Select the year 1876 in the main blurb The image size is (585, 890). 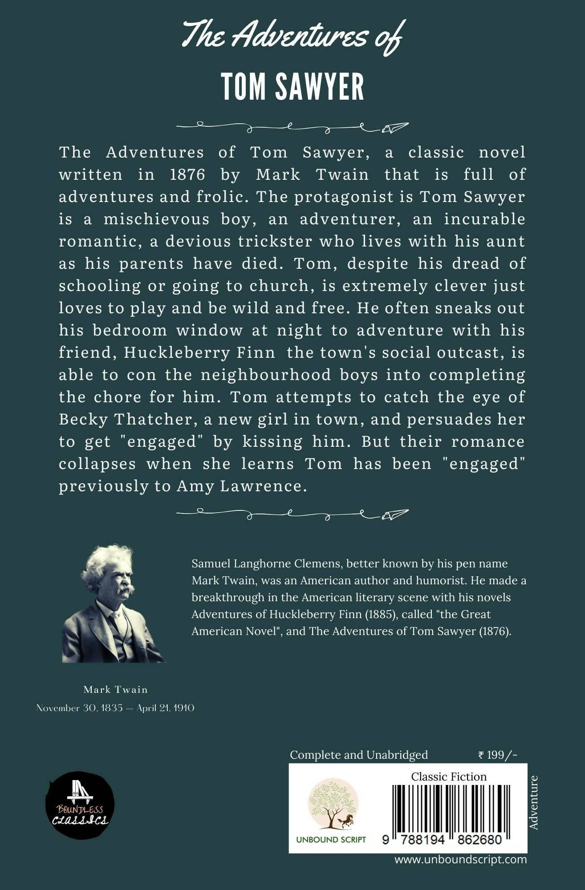187,174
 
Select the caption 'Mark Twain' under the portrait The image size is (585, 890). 115,689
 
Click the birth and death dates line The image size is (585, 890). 115,708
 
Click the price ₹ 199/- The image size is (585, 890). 497,755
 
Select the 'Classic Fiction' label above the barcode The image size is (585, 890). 449,777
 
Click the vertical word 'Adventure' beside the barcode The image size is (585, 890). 533,802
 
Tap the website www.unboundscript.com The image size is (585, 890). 460,859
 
